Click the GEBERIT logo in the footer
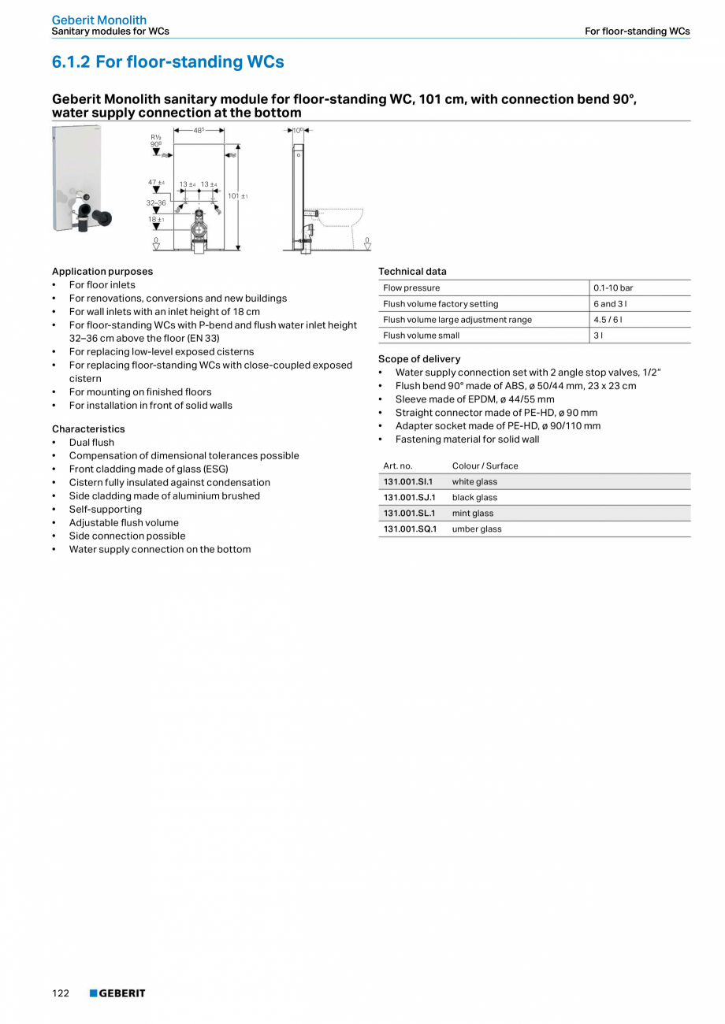[117, 993]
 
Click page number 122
[61, 993]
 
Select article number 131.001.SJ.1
[409, 498]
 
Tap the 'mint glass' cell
[473, 514]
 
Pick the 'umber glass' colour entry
[477, 529]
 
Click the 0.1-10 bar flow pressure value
[613, 288]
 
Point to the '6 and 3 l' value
[612, 304]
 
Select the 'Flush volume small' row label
[421, 336]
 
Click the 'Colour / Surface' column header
[485, 466]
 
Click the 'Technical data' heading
[412, 272]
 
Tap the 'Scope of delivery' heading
[419, 359]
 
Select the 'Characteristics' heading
[88, 429]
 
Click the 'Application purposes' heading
[102, 272]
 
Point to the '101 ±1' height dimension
[238, 195]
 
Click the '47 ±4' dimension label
[156, 183]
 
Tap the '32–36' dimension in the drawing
[156, 203]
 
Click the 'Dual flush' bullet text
[91, 443]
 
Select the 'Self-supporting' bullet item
[106, 510]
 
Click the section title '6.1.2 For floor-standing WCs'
[168, 62]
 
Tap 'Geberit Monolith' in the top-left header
[99, 20]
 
